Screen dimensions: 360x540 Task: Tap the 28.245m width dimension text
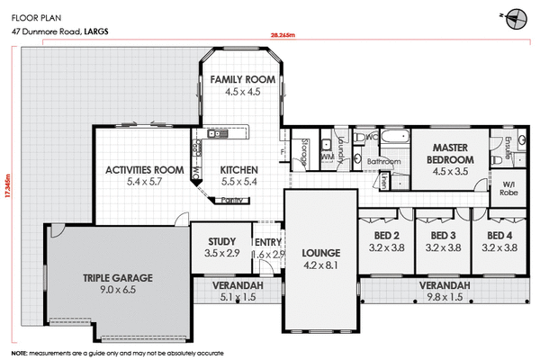pos(283,35)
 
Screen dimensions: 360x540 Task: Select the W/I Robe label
pos(508,190)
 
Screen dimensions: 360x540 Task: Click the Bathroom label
pos(382,162)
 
